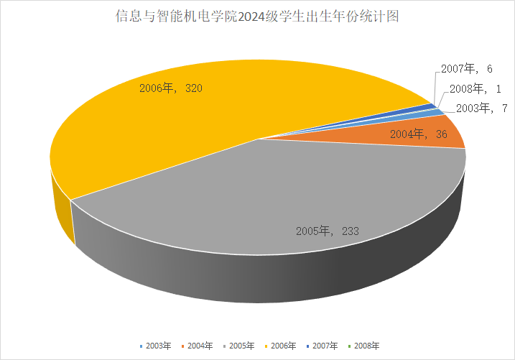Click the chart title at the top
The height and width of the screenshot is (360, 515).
click(x=256, y=16)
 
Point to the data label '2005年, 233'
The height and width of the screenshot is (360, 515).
click(x=327, y=231)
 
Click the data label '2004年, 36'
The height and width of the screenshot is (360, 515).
click(x=419, y=134)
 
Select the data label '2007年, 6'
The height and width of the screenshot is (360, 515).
click(x=466, y=69)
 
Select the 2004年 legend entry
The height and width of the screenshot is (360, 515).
click(x=196, y=346)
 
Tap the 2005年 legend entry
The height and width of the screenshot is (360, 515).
click(x=238, y=346)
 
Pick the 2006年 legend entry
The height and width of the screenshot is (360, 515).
click(x=279, y=346)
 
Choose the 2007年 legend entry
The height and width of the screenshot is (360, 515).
click(x=321, y=346)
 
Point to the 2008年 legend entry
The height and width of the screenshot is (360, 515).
click(x=363, y=346)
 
